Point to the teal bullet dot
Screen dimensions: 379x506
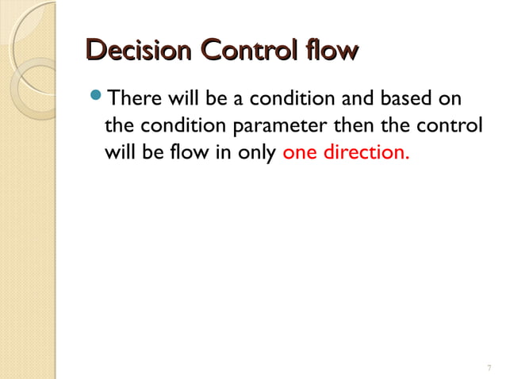96,99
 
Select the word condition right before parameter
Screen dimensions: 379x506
177,126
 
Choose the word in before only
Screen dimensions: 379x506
222,151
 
